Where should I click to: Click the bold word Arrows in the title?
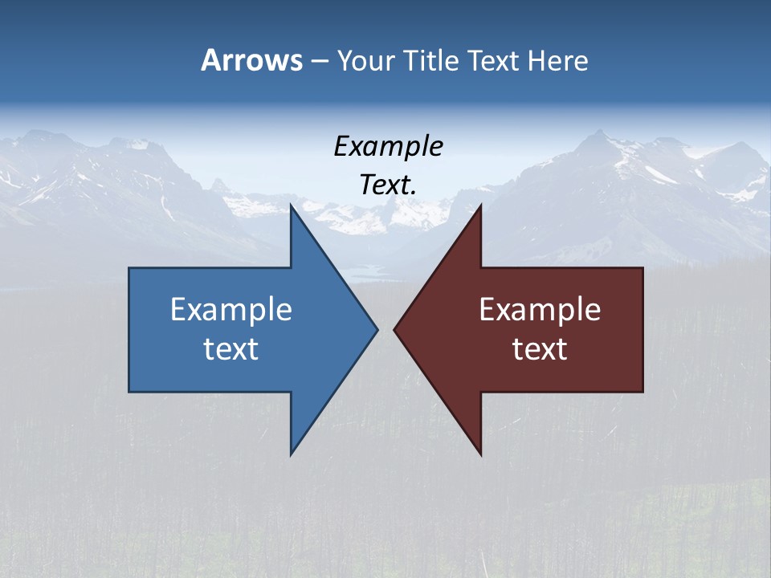point(251,60)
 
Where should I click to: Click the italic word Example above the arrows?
point(388,147)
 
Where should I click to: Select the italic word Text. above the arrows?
point(388,185)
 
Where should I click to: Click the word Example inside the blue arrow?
point(231,310)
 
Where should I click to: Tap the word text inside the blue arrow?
point(231,349)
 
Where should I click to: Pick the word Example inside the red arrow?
point(540,310)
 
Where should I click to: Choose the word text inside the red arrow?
point(540,349)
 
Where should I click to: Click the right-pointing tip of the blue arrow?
point(377,329)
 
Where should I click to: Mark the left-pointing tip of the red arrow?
point(394,329)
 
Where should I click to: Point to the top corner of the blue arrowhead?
point(292,206)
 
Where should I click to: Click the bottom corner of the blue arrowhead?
point(292,454)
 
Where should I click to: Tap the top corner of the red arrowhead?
point(480,206)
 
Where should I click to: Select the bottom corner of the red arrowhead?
point(480,454)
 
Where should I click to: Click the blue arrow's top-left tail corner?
point(130,269)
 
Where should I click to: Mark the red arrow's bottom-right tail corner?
point(642,391)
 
